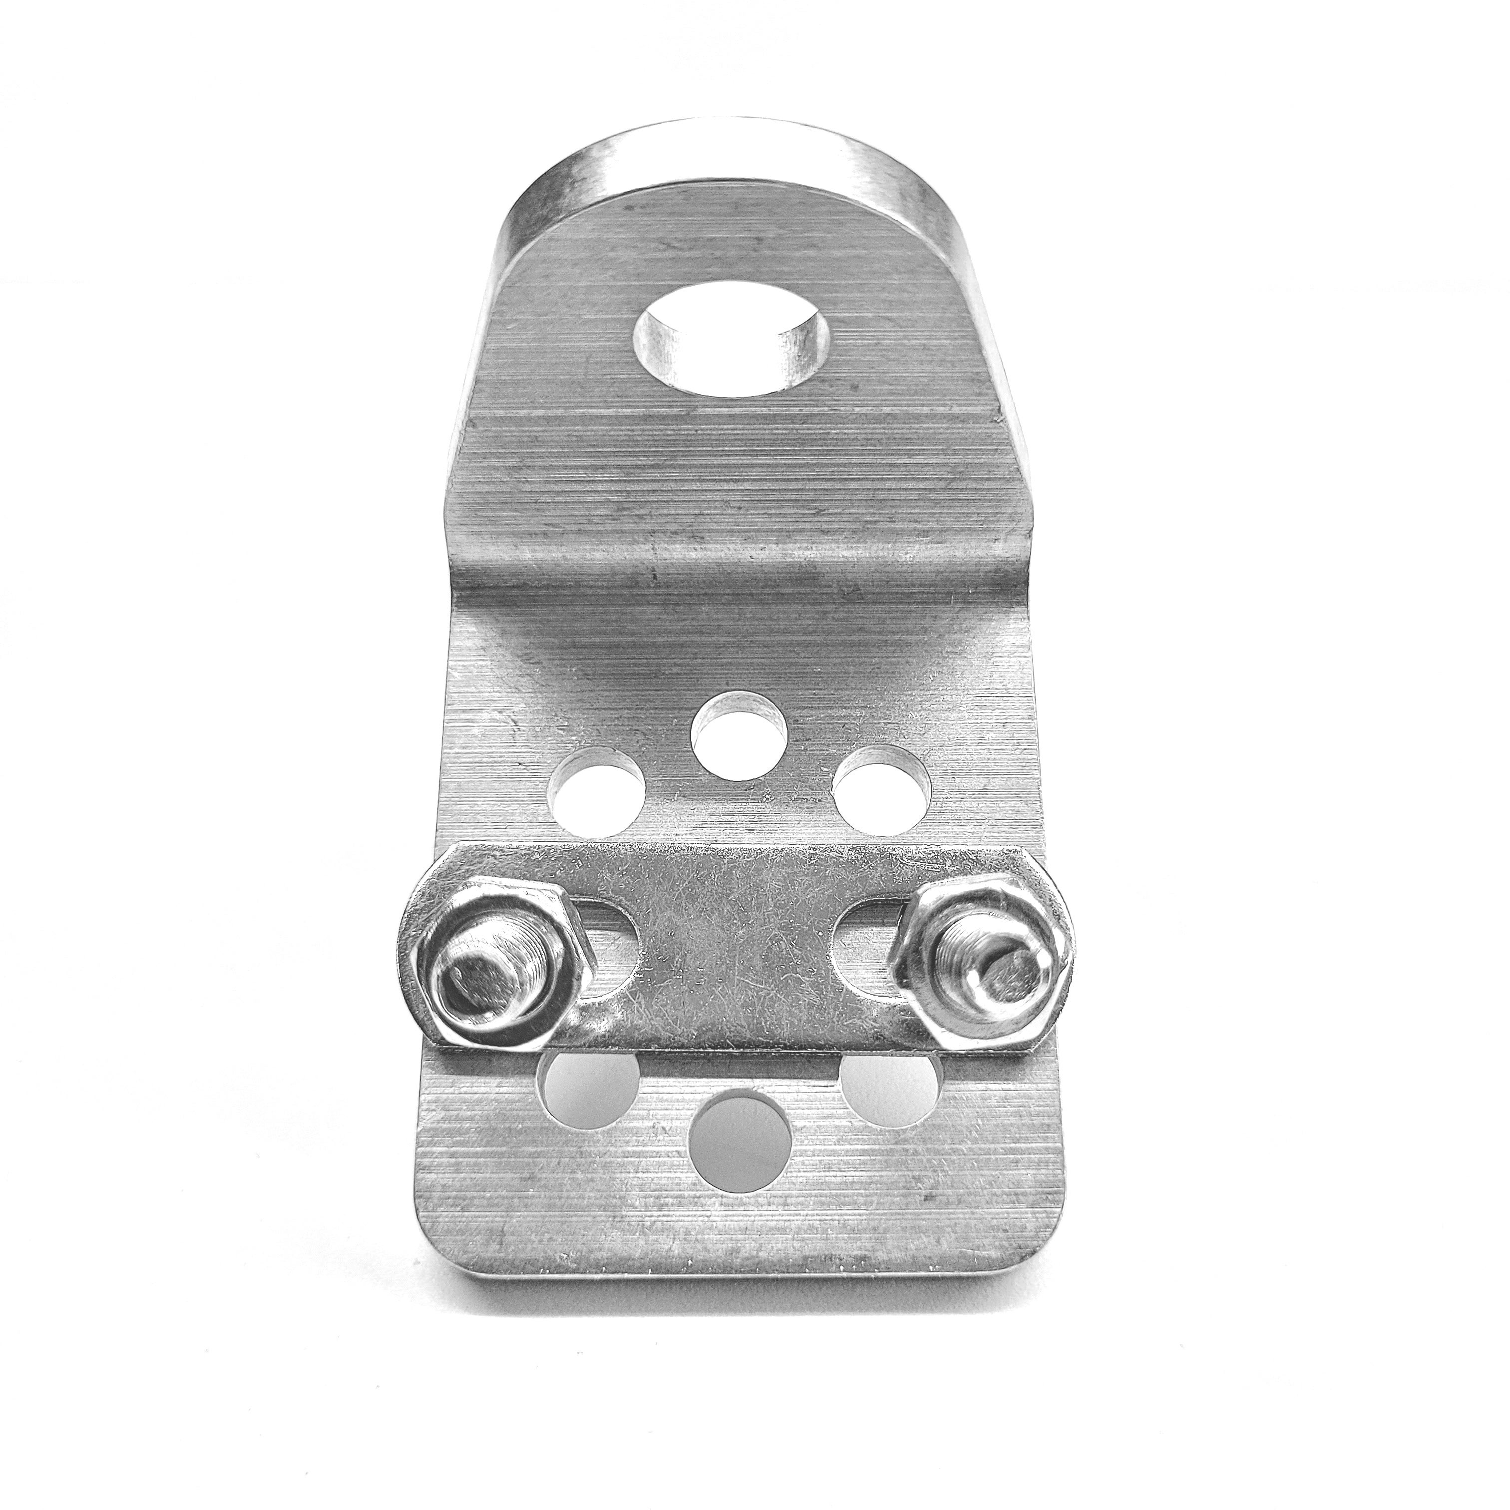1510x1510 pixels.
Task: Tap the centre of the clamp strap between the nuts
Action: (739, 950)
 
